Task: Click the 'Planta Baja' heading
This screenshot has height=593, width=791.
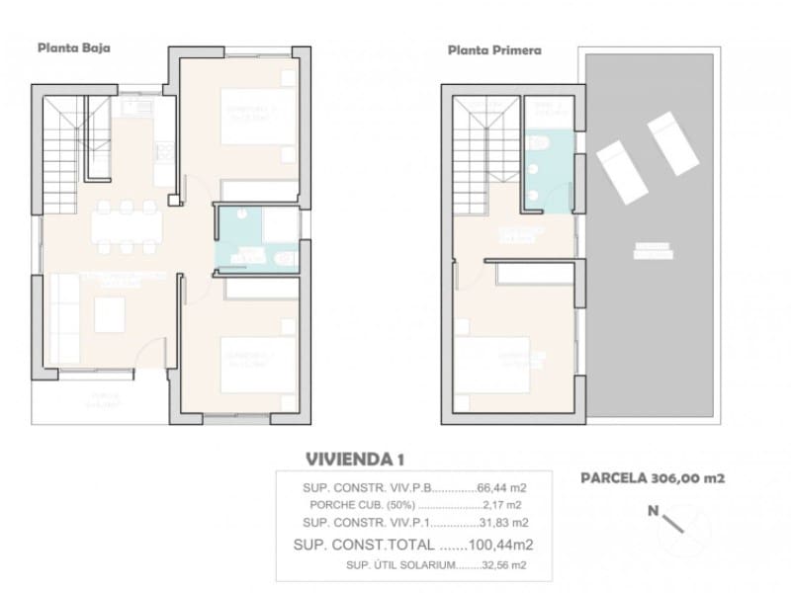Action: tap(73, 45)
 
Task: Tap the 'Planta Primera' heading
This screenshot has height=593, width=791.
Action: tap(494, 48)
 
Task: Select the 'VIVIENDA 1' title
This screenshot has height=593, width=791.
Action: tap(355, 459)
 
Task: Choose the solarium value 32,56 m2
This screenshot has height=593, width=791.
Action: tap(504, 564)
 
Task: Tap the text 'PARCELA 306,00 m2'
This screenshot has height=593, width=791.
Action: tap(653, 478)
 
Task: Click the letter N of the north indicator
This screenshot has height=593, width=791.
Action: tap(653, 511)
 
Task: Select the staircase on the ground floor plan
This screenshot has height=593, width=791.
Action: tap(61, 148)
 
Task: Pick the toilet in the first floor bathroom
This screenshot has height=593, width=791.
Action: tap(539, 145)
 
